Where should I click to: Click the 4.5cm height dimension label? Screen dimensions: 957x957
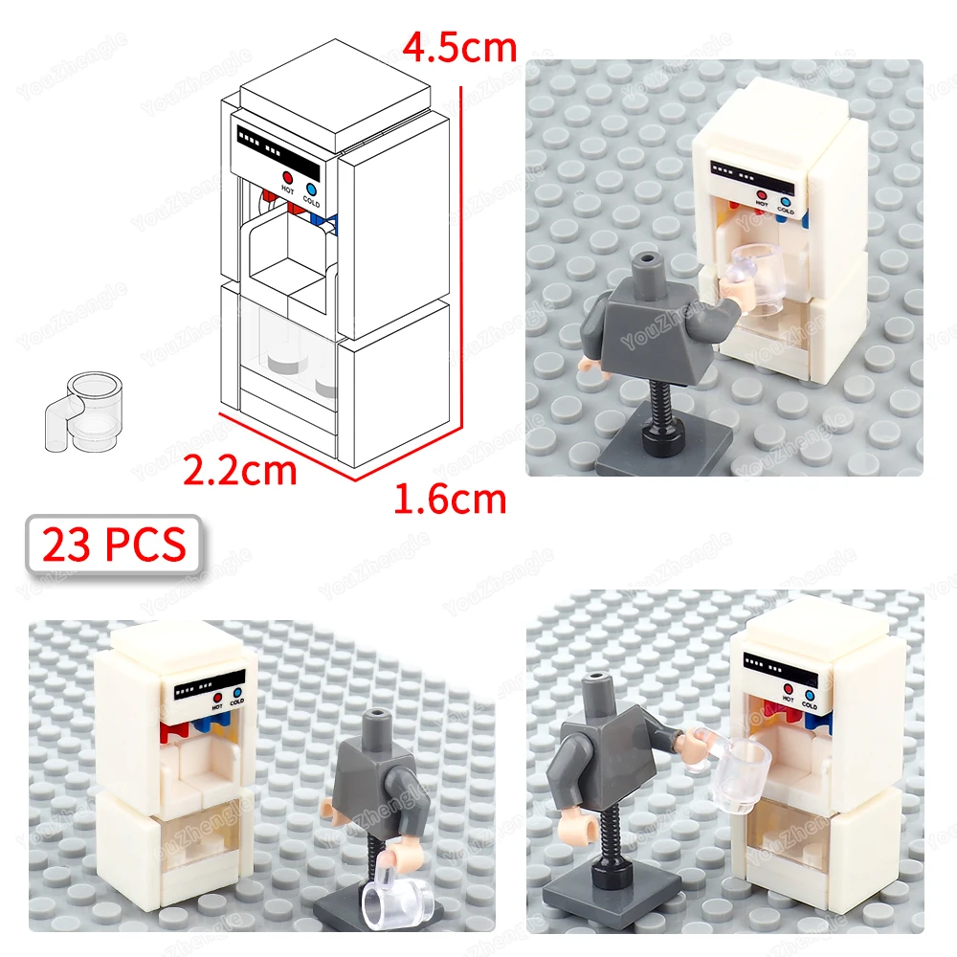[459, 48]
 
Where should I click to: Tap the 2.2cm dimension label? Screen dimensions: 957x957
[239, 471]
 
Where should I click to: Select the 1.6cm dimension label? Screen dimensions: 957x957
[450, 499]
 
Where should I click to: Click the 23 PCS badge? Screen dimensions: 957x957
[114, 545]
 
